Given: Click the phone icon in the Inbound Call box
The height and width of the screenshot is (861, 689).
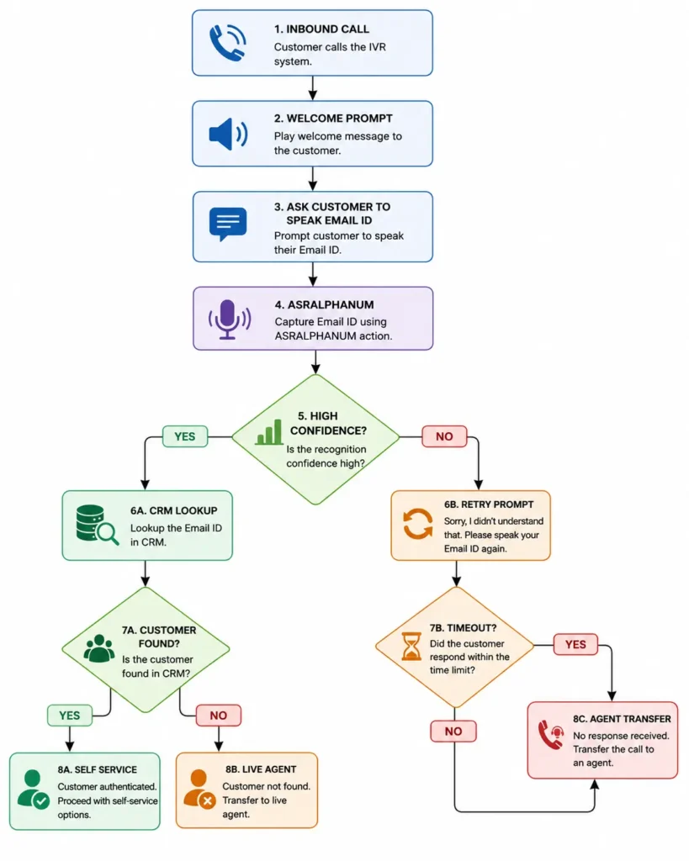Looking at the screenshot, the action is point(227,42).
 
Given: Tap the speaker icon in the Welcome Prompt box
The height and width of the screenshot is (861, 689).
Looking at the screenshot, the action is point(228,134).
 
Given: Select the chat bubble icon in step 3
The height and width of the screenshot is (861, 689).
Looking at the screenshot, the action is point(227,224).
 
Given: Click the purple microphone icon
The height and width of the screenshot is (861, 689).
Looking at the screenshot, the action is point(229,320).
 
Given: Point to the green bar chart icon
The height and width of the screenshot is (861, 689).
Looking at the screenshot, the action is point(268,432).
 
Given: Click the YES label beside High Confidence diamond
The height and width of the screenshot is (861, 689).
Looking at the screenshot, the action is point(185,436).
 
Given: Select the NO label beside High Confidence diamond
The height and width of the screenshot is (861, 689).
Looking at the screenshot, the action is point(444,436).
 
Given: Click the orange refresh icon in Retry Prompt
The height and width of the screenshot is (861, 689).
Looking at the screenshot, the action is point(418,524).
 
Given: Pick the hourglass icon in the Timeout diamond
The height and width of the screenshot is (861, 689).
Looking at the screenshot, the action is point(411,646).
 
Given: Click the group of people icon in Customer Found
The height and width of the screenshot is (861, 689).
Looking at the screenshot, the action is point(99,648).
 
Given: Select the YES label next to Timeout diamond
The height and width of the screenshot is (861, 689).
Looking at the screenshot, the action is point(575,645).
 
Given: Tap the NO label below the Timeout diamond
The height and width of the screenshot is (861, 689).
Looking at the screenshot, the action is point(453,732).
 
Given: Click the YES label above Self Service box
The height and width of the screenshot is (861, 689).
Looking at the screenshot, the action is point(70,716).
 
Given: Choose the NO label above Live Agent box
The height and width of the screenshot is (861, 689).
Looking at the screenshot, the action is point(218,716).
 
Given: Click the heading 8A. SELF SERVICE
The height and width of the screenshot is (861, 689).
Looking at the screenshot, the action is point(98,770).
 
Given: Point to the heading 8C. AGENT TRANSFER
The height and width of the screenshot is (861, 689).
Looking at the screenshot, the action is point(622,719).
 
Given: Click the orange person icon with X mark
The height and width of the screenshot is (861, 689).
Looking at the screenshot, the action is point(199,789).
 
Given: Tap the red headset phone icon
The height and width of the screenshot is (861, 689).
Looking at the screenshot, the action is point(551,735).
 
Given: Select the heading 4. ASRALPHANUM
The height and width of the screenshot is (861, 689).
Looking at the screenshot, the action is point(324,304).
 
